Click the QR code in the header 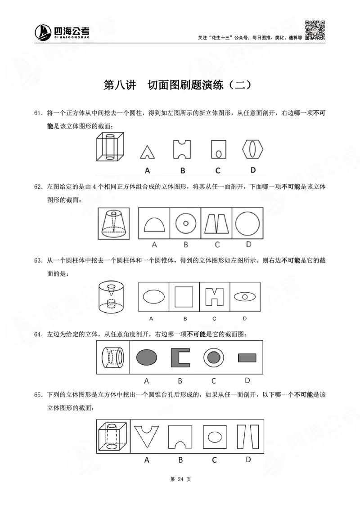[315, 31]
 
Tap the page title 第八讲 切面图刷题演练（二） [180, 85]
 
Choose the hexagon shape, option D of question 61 [253, 148]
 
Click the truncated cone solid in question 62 [114, 223]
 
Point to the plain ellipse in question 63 [153, 297]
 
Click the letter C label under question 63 [214, 318]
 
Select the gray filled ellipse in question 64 [147, 357]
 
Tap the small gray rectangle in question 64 [247, 357]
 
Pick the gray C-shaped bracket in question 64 [180, 357]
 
